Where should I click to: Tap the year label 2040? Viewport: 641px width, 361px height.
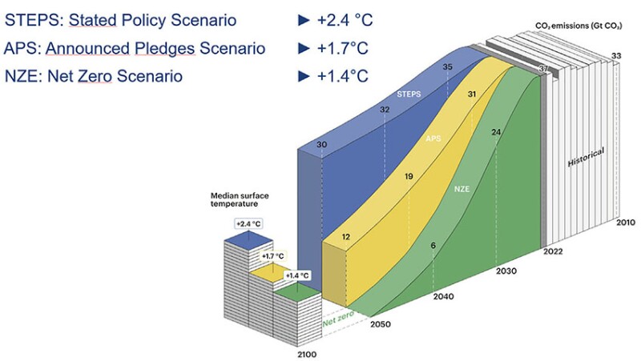tap(442, 297)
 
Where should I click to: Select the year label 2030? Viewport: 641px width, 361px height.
tap(507, 271)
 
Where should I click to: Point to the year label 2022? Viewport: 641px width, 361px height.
tap(553, 252)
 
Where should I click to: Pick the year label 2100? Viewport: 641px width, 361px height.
tap(307, 353)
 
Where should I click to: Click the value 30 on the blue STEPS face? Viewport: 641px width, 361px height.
tap(322, 145)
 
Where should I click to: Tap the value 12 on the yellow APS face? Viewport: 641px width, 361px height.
tap(345, 237)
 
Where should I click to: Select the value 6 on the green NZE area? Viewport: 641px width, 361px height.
tap(433, 245)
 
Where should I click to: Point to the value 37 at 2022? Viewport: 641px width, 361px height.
tap(544, 70)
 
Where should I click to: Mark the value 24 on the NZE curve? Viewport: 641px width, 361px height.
tap(496, 132)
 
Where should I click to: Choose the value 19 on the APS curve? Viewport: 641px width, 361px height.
tap(409, 176)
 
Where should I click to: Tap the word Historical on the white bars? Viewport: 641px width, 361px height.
tap(586, 157)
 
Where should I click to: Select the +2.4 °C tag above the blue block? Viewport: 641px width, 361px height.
tap(248, 223)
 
